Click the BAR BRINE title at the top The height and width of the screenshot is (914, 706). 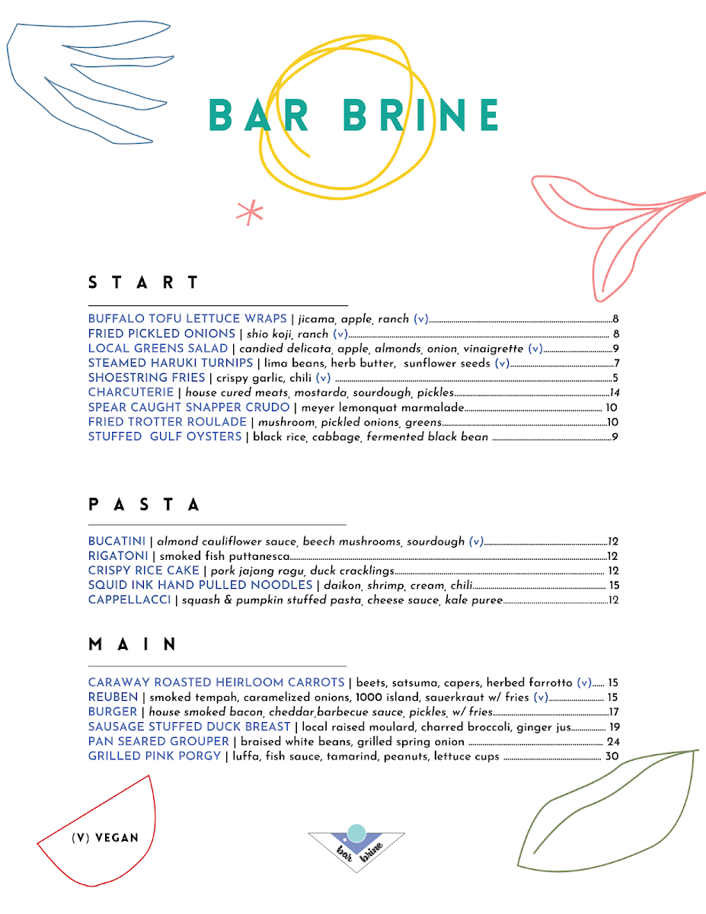(x=353, y=116)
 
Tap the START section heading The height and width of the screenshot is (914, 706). (x=144, y=283)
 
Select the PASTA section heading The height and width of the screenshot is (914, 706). (x=145, y=504)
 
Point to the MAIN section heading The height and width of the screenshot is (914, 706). (x=133, y=644)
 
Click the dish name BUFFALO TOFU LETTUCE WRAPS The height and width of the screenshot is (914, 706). (x=187, y=319)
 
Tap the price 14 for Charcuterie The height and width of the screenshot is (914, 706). (x=615, y=393)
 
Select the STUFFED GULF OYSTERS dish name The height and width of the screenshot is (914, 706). (x=165, y=437)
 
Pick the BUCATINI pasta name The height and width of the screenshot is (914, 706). (x=117, y=542)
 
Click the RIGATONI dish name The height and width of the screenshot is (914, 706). (x=118, y=556)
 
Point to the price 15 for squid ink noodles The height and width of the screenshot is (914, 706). (x=614, y=586)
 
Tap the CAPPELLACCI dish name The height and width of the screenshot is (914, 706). (x=129, y=600)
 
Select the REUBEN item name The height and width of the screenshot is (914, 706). (x=113, y=697)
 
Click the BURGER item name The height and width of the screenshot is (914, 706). (x=112, y=711)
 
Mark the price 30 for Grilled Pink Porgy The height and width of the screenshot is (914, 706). (x=612, y=756)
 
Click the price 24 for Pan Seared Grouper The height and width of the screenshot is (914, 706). (x=612, y=742)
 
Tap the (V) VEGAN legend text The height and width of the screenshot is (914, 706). (x=105, y=838)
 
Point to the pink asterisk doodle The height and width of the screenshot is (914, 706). (x=249, y=213)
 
